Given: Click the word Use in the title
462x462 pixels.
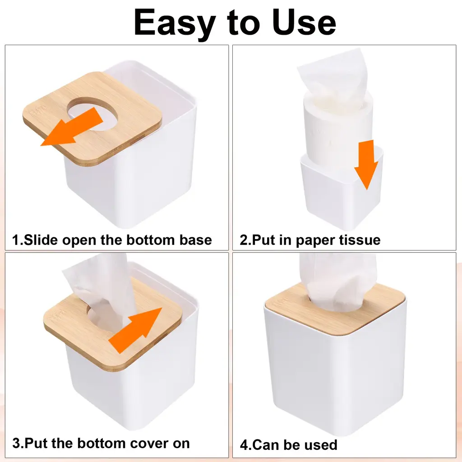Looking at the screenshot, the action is [304, 23].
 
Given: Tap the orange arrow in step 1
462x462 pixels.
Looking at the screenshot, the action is [72, 127].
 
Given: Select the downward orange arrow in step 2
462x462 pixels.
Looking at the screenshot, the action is [366, 165].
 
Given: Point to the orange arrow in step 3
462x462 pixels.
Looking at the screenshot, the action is [135, 330].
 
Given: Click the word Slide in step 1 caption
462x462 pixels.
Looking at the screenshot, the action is [41, 240].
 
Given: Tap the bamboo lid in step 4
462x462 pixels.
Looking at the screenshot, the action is [336, 309].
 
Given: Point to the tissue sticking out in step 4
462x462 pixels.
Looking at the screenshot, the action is [338, 282].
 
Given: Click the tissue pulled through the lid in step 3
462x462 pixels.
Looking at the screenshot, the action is [100, 292].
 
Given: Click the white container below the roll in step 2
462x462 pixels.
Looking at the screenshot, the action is [342, 189].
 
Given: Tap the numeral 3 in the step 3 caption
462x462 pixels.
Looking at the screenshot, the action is [16, 444].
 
